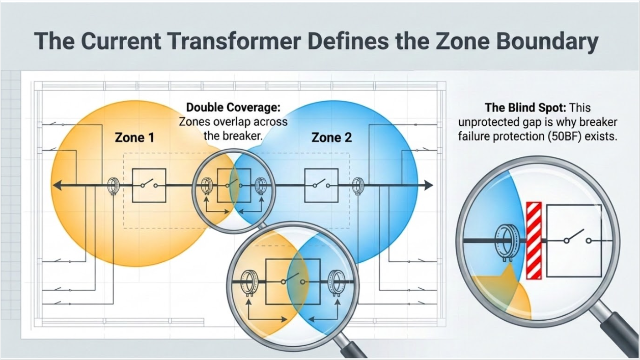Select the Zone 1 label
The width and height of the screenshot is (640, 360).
134,137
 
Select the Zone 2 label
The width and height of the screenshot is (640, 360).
331,137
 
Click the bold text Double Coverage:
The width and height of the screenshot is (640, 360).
233,107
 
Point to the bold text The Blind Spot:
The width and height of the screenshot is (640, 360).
525,108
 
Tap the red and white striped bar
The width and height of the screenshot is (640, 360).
534,240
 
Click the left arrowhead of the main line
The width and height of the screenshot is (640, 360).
58,185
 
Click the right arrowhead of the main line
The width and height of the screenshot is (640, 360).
429,185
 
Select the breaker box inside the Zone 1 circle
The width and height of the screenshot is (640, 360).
149,185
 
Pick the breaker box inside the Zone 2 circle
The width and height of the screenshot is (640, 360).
321,185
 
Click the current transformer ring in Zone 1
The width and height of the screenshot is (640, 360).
113,186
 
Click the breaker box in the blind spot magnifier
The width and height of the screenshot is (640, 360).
574,240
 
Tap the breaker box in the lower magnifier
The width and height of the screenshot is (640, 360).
293,282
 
